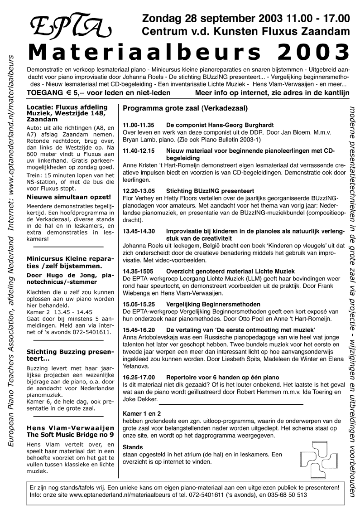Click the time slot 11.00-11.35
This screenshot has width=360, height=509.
coord(139,125)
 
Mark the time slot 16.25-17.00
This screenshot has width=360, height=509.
coord(139,377)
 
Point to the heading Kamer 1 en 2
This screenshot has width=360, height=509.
coord(142,414)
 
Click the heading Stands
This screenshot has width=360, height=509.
coord(133,446)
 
